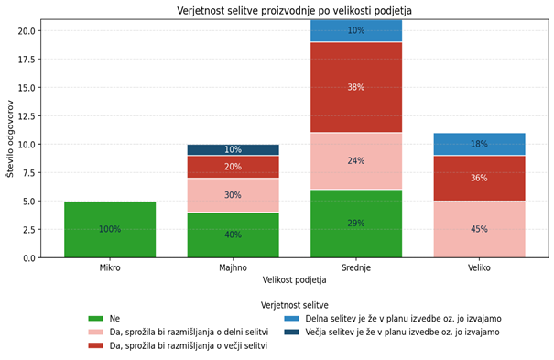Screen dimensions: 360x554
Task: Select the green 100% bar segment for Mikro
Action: [110, 229]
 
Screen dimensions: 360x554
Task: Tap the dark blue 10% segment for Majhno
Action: [233, 149]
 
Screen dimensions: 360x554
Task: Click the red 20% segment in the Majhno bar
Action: [233, 167]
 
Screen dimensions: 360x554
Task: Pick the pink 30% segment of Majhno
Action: [233, 195]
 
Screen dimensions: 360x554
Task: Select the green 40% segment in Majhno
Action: [233, 235]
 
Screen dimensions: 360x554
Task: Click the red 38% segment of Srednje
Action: [356, 87]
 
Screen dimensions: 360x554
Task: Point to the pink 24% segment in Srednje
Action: [356, 160]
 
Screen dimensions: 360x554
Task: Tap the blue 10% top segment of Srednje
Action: [356, 30]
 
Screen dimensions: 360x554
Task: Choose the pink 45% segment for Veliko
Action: [479, 229]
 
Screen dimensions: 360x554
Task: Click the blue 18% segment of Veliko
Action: [479, 144]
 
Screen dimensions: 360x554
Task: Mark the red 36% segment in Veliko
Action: [479, 178]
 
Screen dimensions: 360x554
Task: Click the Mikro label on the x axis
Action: [110, 268]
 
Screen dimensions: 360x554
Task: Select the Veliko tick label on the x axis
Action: [479, 268]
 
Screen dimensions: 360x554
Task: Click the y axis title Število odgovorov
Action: [10, 137]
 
